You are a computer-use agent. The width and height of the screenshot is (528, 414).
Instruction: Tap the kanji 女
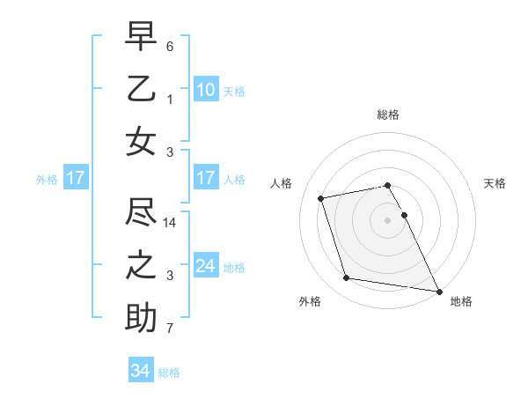[141, 142]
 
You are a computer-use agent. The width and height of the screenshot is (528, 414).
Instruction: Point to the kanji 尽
[141, 211]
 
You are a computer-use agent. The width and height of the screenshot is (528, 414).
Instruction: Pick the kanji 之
[141, 265]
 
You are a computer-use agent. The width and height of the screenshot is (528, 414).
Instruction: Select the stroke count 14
[171, 223]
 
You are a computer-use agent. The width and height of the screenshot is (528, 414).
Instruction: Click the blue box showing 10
[205, 89]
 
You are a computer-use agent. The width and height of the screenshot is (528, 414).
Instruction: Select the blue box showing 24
[205, 266]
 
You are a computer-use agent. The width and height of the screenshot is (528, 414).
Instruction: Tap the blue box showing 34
[140, 371]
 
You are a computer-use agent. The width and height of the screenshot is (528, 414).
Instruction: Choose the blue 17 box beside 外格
[75, 178]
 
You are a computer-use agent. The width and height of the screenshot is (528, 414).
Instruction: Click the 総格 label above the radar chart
[388, 115]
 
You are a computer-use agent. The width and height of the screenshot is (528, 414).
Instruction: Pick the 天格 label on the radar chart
[495, 183]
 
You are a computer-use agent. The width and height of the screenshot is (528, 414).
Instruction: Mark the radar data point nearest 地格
[437, 291]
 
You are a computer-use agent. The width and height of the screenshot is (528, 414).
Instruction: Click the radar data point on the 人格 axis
[321, 197]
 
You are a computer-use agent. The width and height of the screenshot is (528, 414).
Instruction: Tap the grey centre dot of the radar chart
[388, 220]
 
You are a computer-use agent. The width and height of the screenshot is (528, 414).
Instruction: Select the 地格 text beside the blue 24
[234, 267]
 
